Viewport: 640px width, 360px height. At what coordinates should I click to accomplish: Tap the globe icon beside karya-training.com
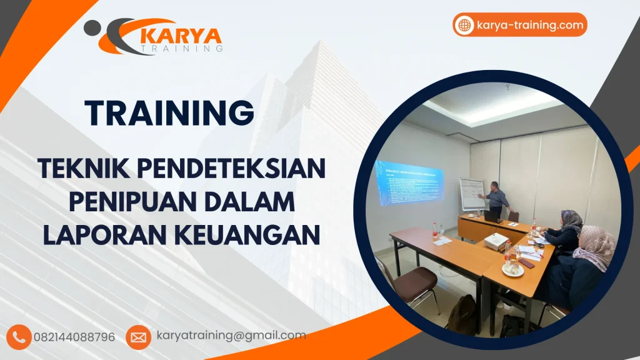tap(464, 25)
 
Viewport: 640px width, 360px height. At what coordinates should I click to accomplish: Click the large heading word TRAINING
tap(170, 112)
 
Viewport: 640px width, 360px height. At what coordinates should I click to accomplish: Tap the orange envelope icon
tap(138, 337)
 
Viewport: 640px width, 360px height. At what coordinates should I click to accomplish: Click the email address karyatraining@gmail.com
tap(231, 336)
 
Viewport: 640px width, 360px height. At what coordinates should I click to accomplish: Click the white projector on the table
tap(495, 241)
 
